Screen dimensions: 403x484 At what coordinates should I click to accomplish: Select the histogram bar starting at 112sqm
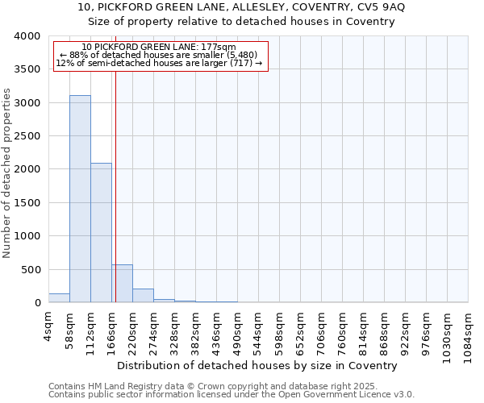click(x=101, y=233)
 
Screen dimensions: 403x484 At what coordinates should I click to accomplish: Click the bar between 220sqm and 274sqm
click(x=143, y=296)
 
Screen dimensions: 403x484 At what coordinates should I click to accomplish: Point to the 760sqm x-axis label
click(x=343, y=329)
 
